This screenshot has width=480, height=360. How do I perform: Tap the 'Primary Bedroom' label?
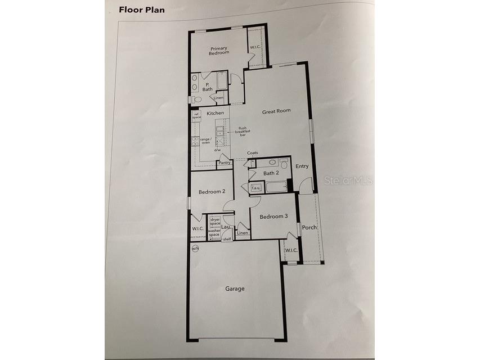point(219,50)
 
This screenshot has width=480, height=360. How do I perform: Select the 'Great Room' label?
point(276,111)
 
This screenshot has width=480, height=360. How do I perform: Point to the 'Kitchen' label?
point(215,114)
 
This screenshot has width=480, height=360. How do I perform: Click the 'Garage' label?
point(235,289)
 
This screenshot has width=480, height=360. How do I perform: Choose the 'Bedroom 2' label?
point(212,192)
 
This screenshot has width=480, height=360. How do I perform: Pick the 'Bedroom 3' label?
point(273,216)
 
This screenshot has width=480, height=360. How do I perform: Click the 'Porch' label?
point(309,228)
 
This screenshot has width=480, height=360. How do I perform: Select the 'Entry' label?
point(302,166)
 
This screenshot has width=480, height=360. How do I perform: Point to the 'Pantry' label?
point(225,164)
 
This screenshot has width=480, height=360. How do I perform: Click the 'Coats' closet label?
point(252,154)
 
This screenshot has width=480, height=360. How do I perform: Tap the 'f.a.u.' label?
point(255,188)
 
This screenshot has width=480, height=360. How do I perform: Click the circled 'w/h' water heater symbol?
point(195,248)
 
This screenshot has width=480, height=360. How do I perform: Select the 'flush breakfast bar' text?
point(243,132)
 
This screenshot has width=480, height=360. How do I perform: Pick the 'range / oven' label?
point(205,141)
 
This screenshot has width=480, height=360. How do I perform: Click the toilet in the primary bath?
point(195,100)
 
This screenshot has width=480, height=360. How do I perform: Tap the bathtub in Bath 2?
point(276,187)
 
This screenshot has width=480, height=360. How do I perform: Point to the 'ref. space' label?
point(197,115)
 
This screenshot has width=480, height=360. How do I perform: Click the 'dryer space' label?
point(215,222)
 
